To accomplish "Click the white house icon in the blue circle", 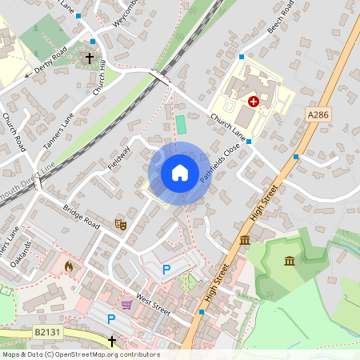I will tap(180, 173).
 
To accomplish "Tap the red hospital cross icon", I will tap(254, 102).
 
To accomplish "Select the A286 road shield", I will tap(319, 116).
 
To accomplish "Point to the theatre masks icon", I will tap(121, 225).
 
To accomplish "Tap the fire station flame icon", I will tap(69, 266).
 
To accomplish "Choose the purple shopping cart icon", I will tap(126, 304).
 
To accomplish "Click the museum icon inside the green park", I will tap(290, 260).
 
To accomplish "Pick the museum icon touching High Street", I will tap(244, 241).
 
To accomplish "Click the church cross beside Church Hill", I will tap(89, 58).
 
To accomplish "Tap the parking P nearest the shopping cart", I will tap(111, 319).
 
